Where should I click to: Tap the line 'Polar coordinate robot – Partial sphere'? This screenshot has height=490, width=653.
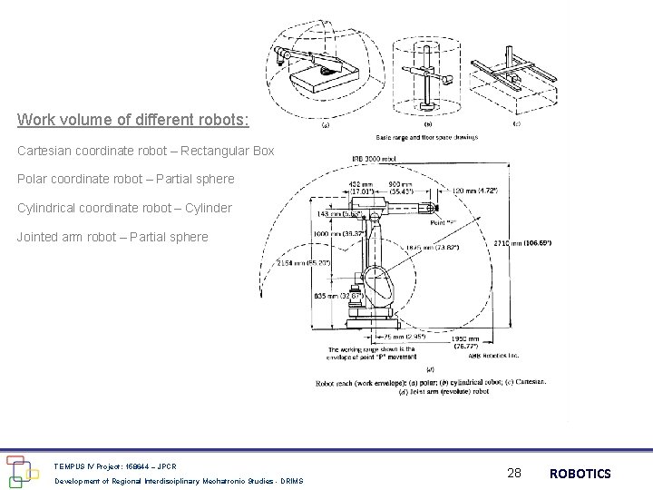click(125, 179)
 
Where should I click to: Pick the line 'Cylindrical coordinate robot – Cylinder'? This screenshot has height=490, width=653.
click(124, 208)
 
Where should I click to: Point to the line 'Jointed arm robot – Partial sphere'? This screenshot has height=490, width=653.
click(112, 237)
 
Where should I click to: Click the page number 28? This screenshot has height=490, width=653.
click(514, 473)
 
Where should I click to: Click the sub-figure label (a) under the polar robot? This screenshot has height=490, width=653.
click(326, 126)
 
